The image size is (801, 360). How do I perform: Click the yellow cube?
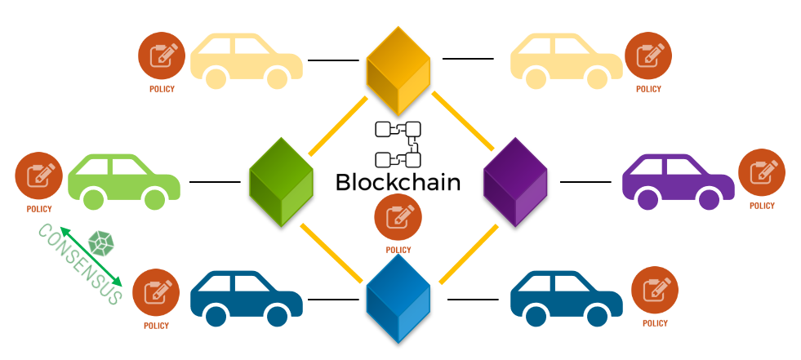coord(398,70)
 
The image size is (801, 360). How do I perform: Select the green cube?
coord(281,181)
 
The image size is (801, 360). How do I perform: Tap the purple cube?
coord(515,181)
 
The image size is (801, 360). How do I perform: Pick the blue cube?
coord(398,299)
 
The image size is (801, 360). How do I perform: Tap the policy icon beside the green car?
coord(38,176)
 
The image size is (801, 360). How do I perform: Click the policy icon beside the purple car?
coord(762,173)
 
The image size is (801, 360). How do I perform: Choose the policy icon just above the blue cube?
coord(398,218)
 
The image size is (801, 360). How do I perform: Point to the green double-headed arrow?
coord(90,256)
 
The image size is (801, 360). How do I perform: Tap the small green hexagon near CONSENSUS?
coord(100,242)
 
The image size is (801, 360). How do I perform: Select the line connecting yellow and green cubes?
coord(338,126)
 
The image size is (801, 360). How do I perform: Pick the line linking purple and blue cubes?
coord(469,255)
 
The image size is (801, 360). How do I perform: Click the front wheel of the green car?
coord(154,198)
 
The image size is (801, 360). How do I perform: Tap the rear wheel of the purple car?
coord(648,198)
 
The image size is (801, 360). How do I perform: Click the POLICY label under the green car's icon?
coord(38,209)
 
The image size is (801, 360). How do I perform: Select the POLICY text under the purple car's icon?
coord(762,206)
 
